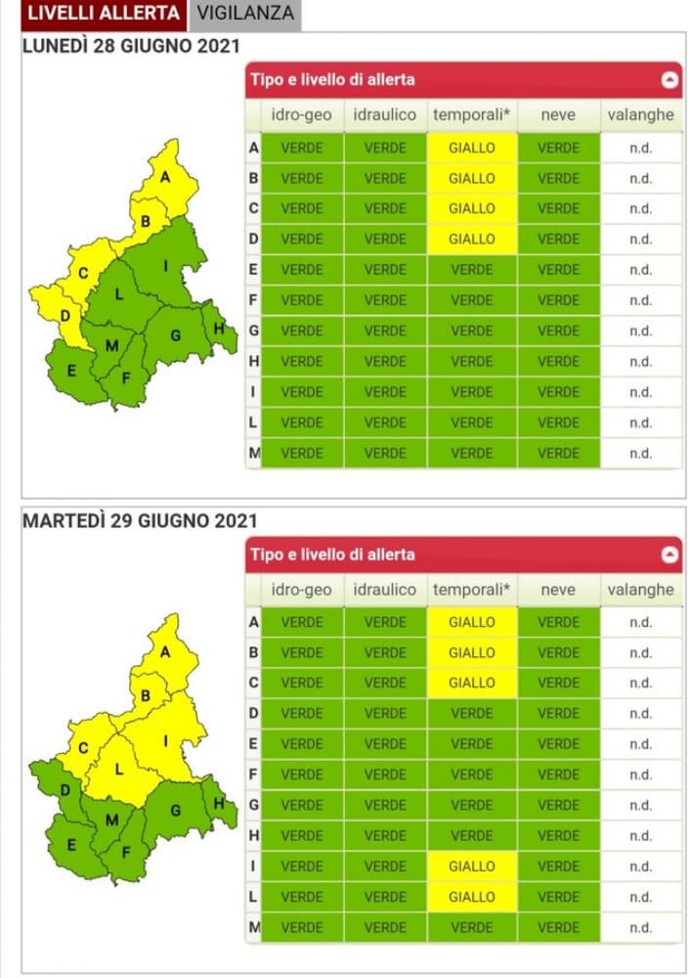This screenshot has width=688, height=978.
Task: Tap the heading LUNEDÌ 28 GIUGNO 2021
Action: click(x=132, y=47)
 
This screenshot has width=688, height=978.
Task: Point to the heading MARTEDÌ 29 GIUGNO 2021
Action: click(x=139, y=520)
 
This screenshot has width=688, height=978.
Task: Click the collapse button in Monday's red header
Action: click(x=669, y=80)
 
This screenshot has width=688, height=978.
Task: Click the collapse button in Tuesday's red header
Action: click(x=669, y=555)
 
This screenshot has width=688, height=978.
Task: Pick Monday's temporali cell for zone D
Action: click(x=472, y=239)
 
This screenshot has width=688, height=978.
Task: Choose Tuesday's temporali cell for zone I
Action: click(x=472, y=867)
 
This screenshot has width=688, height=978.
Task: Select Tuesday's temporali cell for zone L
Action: click(x=472, y=897)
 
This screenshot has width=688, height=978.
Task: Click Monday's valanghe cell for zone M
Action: click(x=640, y=454)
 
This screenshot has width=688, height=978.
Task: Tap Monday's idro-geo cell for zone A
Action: click(x=302, y=149)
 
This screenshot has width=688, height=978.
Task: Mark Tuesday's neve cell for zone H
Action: click(x=558, y=836)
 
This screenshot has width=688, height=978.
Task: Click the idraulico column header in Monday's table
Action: click(x=385, y=114)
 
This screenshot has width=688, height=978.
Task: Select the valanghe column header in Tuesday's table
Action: click(x=640, y=590)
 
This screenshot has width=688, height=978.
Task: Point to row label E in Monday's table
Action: click(x=254, y=269)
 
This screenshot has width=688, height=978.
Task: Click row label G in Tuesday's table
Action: click(x=254, y=805)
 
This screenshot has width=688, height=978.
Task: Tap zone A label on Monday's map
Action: click(x=165, y=177)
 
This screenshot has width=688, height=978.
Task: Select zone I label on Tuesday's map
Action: click(x=165, y=742)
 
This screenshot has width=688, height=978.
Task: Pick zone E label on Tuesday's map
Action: click(x=71, y=845)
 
